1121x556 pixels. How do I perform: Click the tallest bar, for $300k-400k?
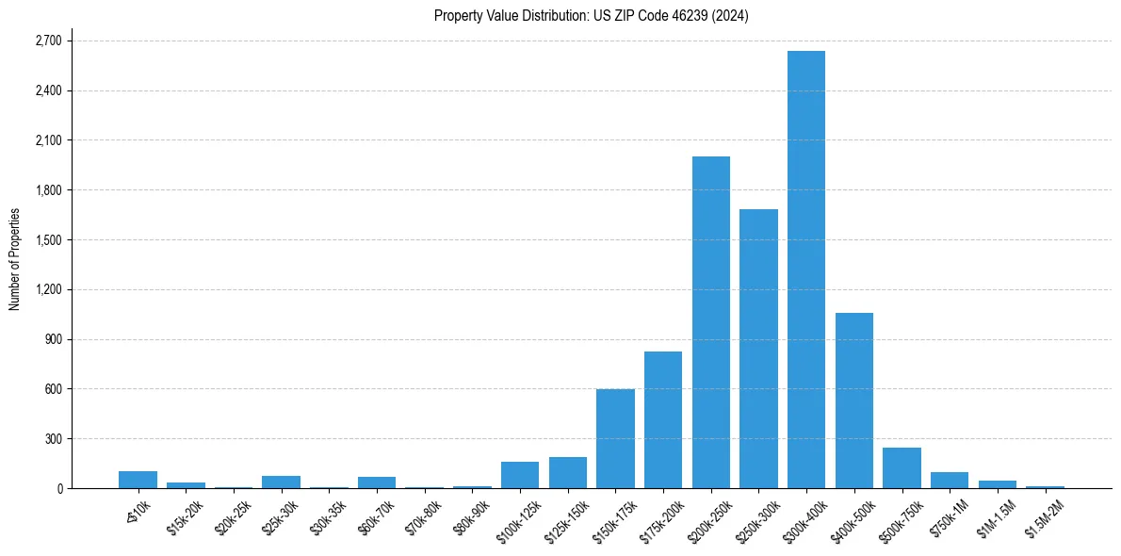pyautogui.click(x=806, y=270)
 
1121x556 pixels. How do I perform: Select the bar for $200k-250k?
pyautogui.click(x=710, y=322)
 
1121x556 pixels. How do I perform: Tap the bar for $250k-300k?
pyautogui.click(x=758, y=349)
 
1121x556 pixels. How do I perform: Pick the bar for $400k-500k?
pyautogui.click(x=853, y=401)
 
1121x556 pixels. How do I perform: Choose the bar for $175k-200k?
pyautogui.click(x=662, y=420)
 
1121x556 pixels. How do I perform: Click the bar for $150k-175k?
pyautogui.click(x=615, y=439)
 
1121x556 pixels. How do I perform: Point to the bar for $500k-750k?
pyautogui.click(x=902, y=468)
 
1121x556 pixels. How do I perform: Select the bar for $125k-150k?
pyautogui.click(x=567, y=473)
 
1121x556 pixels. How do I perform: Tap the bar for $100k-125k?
pyautogui.click(x=519, y=475)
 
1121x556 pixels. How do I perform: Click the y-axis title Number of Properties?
pyautogui.click(x=15, y=259)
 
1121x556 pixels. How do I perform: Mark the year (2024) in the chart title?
pyautogui.click(x=731, y=16)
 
